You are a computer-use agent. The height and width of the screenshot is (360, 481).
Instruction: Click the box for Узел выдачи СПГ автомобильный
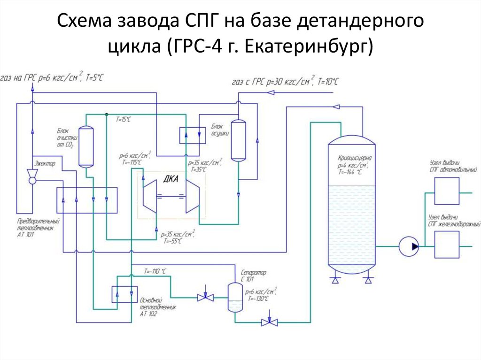(x=446, y=191)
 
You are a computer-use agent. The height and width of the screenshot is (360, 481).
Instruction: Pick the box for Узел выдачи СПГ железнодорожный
(x=446, y=244)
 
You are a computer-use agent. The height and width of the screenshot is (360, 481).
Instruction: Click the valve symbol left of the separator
(x=205, y=297)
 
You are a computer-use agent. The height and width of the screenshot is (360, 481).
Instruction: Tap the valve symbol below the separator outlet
(x=270, y=322)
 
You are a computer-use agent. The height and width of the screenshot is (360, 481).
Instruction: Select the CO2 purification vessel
(x=86, y=146)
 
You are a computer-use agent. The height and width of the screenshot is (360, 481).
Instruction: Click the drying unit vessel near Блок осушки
(x=239, y=140)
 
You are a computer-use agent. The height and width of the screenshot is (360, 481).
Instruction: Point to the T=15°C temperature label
(x=124, y=120)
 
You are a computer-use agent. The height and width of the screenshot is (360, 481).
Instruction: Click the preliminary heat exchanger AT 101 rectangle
(x=86, y=200)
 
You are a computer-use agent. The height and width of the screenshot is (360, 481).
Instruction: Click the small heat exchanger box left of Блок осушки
(x=192, y=135)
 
